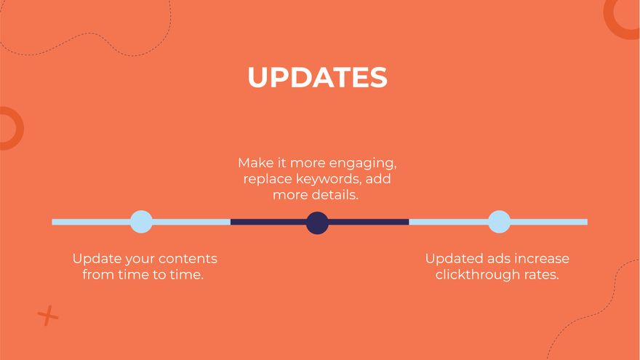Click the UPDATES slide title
pos(317,78)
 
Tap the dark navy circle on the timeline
pos(317,223)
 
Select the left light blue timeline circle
pos(141,222)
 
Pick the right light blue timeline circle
pos(499,222)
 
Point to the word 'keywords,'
pos(330,179)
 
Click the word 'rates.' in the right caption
pos(541,275)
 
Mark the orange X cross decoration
pos(48,316)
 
